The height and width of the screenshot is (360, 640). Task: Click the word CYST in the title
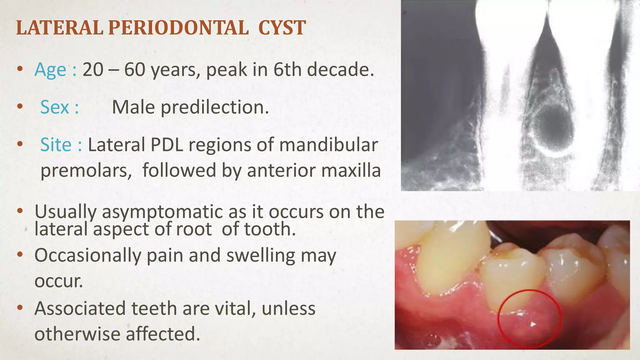coord(282,28)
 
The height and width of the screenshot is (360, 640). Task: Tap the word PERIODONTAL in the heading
coord(178,28)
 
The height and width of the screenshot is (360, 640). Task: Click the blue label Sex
coord(55,107)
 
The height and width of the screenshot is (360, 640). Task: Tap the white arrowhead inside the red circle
coord(533,324)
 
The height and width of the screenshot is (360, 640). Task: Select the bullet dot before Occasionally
coord(20,255)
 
